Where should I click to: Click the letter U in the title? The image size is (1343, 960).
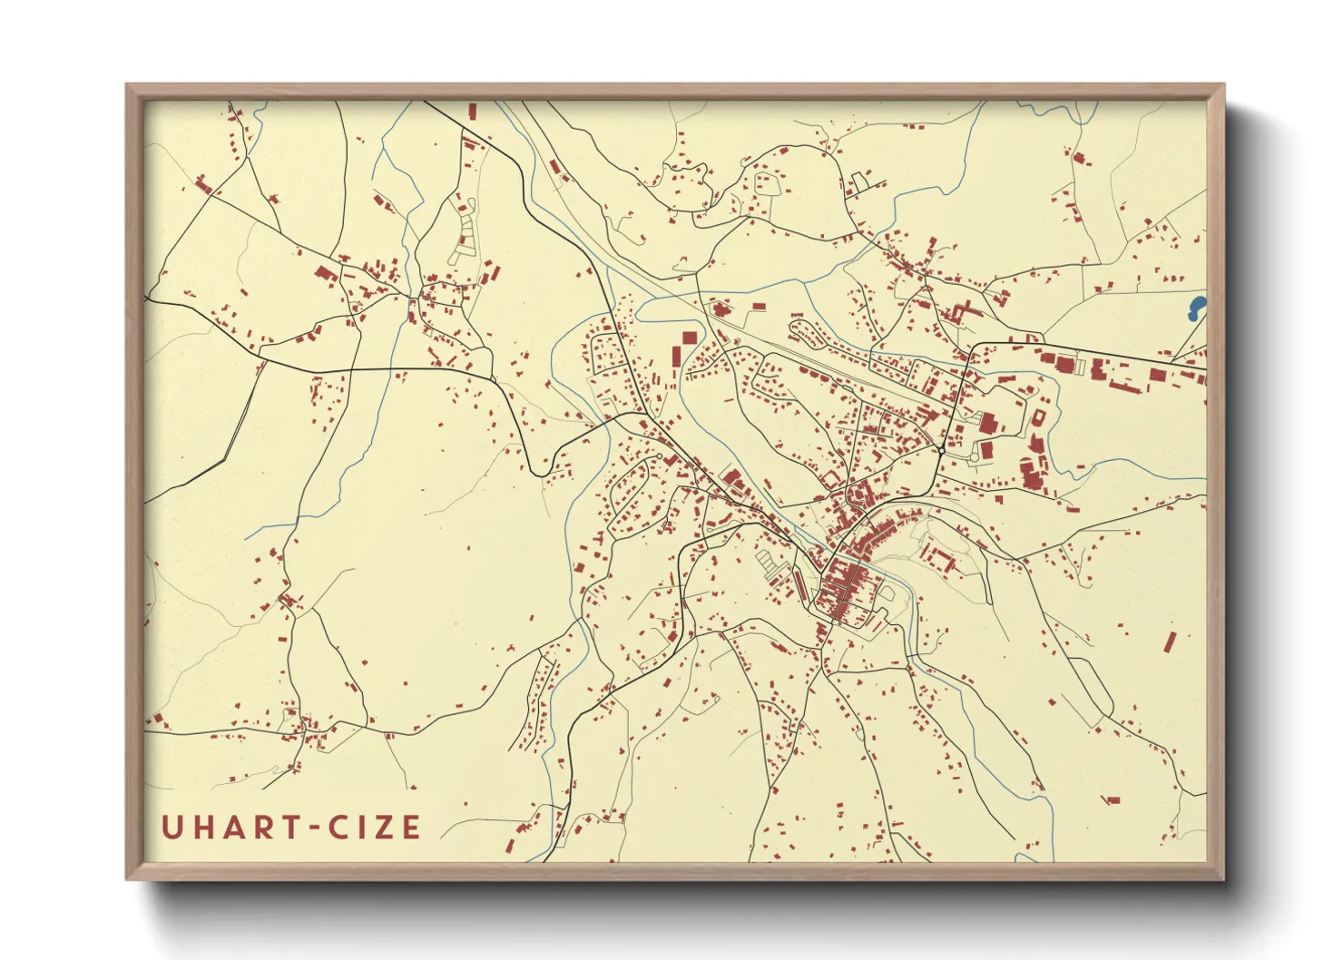tap(171, 827)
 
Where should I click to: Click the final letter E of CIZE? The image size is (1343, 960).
tap(411, 827)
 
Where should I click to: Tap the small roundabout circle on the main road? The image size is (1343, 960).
tap(942, 450)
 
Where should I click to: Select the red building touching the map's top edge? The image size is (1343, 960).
tap(472, 111)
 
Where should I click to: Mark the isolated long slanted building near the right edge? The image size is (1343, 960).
tap(1169, 642)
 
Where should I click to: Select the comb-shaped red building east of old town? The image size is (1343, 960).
tap(938, 555)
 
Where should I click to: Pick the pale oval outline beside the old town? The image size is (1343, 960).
tap(887, 594)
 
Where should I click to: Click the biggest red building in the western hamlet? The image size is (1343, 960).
tap(324, 272)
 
